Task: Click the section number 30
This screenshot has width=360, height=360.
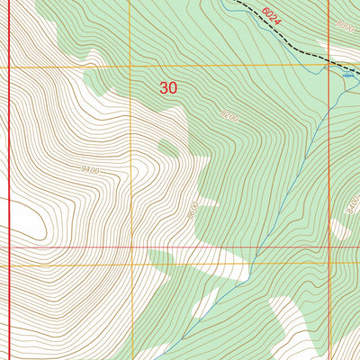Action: coord(168,87)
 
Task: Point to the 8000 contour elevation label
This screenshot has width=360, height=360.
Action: coord(341,27)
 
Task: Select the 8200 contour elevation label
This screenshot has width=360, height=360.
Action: coord(229,115)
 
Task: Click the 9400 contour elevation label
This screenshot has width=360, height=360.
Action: coord(89,169)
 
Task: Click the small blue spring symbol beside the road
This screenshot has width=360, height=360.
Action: coord(349,78)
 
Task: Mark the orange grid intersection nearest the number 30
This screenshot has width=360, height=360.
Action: coord(130,67)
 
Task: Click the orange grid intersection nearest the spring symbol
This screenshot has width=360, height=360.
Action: coord(328,67)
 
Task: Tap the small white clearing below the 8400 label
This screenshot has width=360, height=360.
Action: coord(341,229)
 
